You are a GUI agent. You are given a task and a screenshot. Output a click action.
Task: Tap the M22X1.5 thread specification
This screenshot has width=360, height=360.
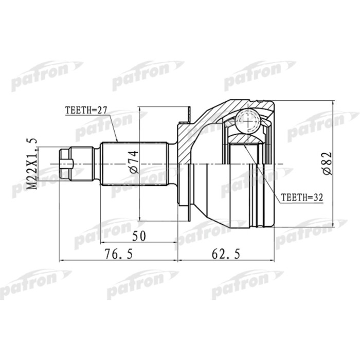coord(32,164)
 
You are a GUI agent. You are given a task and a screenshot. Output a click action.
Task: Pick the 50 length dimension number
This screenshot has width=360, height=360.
coord(138,236)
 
